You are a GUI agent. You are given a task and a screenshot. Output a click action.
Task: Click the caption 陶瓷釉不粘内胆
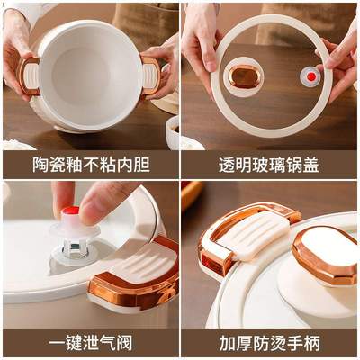[x=90, y=165]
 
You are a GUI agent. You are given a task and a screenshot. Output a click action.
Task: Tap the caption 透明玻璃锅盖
[x=269, y=165]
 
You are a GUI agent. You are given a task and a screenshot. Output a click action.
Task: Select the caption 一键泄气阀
[x=90, y=343]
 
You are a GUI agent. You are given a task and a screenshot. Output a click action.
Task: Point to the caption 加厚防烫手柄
[x=269, y=343]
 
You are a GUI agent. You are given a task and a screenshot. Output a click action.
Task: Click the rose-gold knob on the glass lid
[x=242, y=77]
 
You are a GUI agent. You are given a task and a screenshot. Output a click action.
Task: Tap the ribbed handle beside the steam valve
[x=135, y=270]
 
